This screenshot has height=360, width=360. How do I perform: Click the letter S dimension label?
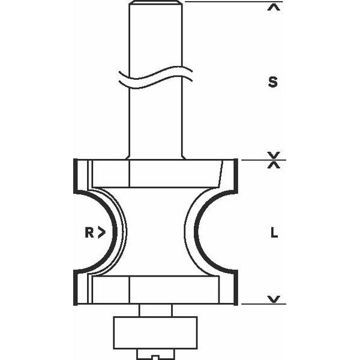click(273, 83)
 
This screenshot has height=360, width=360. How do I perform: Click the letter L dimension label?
click(274, 234)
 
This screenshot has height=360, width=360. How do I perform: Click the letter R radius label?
click(89, 233)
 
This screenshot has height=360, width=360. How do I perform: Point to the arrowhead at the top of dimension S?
click(274, 8)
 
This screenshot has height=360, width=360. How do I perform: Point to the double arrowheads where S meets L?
click(274, 160)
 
